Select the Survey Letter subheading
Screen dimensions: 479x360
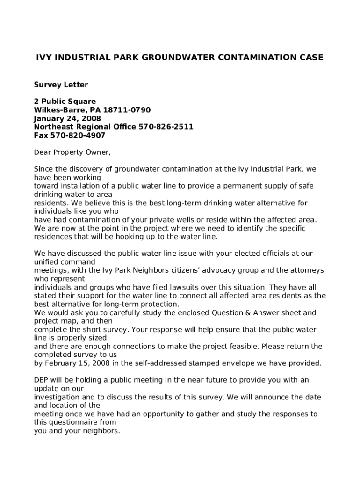[x=61, y=85]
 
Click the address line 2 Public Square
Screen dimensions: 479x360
[x=65, y=102]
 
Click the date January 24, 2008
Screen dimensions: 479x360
[x=67, y=118]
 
